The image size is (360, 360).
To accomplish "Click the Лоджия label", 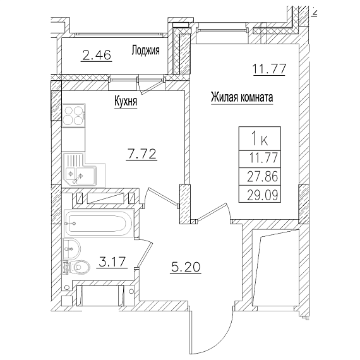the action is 145,50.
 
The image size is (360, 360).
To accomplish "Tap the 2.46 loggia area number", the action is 97,56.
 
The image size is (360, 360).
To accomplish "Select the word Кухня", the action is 126,101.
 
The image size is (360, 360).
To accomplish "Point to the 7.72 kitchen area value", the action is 141,154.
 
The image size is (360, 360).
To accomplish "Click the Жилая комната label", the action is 242,97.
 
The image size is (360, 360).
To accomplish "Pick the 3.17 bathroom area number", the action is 112,261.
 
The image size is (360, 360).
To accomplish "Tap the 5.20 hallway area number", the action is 186,267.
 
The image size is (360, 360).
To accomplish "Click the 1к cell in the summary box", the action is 260,138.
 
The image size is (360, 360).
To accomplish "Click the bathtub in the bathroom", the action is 99,223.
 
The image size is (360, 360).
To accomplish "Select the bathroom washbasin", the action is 71,249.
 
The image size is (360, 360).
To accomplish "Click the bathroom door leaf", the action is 145,255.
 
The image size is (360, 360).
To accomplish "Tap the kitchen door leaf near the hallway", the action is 163,197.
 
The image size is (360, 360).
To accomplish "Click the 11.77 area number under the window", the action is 269,69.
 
